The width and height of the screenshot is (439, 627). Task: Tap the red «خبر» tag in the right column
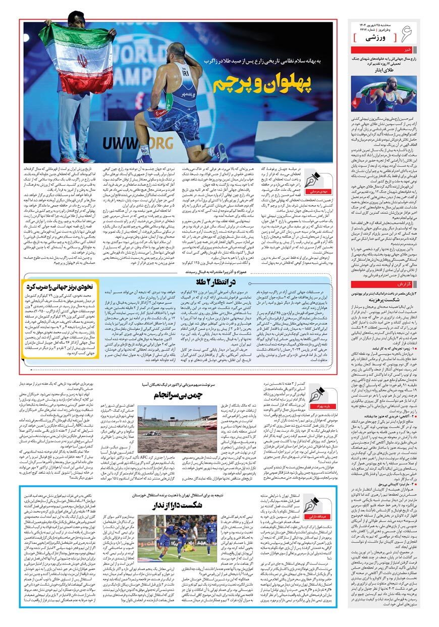pos(407,50)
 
